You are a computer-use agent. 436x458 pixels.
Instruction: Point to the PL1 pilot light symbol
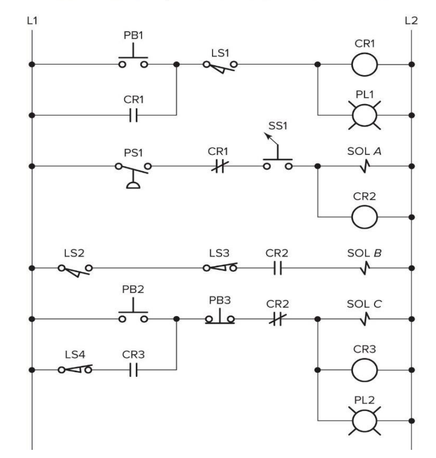[365, 116]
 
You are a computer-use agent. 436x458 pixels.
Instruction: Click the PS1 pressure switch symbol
[133, 170]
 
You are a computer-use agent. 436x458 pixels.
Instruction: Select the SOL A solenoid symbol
[365, 166]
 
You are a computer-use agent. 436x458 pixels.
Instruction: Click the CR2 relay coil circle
[365, 218]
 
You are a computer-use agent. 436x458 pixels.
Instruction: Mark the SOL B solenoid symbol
[365, 269]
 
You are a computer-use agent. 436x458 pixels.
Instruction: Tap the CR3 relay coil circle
[365, 370]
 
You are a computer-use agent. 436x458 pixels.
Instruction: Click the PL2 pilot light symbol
[365, 421]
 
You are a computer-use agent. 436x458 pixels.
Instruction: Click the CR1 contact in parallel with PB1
[133, 115]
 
